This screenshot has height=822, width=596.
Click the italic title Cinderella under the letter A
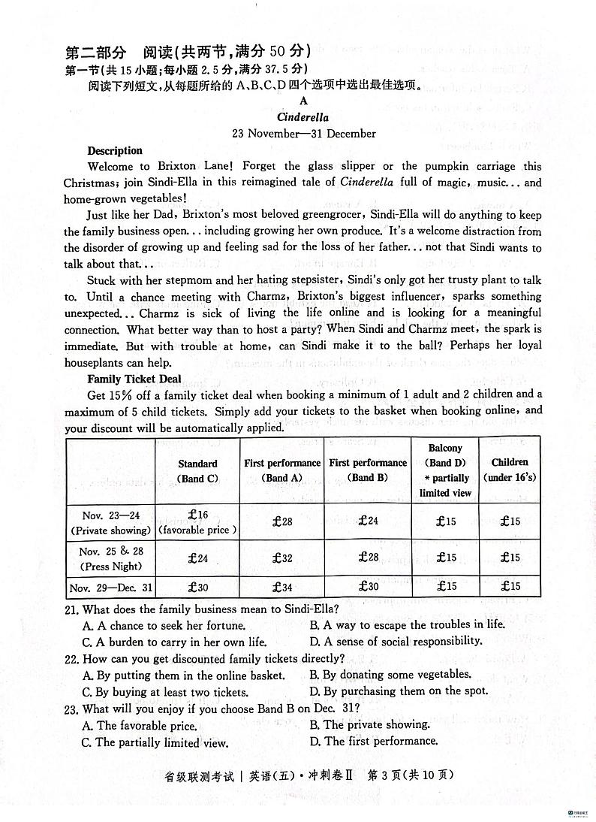tap(303, 117)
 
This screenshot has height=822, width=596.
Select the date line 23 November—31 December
tap(303, 134)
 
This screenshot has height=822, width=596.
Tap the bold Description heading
tap(115, 150)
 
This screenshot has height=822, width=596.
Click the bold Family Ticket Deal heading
tap(134, 379)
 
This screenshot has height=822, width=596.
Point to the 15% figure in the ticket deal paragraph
tap(123, 394)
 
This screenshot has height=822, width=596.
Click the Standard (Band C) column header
tap(197, 471)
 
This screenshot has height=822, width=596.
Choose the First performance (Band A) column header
tap(281, 470)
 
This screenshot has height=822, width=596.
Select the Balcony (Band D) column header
tap(445, 470)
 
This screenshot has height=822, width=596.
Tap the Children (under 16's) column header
tap(510, 470)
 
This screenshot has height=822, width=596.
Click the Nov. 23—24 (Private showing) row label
tap(110, 522)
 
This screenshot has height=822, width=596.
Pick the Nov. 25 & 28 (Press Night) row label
tap(110, 559)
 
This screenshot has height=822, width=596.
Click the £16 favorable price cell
tap(197, 521)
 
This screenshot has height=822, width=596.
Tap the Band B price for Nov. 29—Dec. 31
tap(368, 587)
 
